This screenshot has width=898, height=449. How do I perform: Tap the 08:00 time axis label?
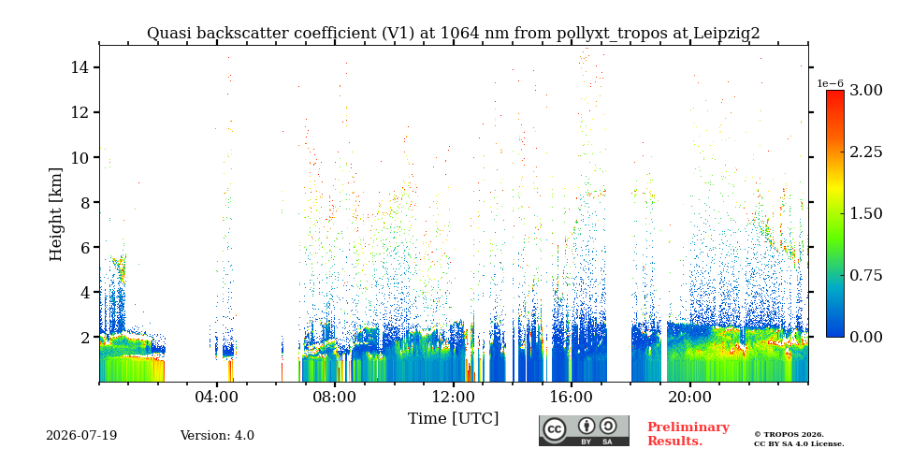click(x=335, y=398)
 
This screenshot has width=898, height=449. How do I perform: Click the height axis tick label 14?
click(x=78, y=67)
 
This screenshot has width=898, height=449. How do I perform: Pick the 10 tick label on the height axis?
click(x=78, y=157)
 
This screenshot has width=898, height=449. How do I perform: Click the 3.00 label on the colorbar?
click(x=865, y=91)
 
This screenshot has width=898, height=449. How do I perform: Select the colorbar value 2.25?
click(x=865, y=152)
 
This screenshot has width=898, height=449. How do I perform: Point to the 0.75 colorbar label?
click(x=865, y=275)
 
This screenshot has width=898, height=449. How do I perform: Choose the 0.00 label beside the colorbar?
click(x=865, y=337)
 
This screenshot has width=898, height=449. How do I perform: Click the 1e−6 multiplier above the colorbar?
click(x=831, y=83)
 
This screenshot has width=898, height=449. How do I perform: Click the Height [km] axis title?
click(x=55, y=214)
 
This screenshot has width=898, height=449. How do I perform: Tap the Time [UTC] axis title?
click(x=453, y=419)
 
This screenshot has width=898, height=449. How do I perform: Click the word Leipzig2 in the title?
click(x=727, y=34)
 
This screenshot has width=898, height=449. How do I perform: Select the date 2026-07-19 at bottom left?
click(x=81, y=436)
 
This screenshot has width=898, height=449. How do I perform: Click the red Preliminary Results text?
click(x=688, y=434)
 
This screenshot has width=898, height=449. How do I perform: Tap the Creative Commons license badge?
click(x=584, y=430)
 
